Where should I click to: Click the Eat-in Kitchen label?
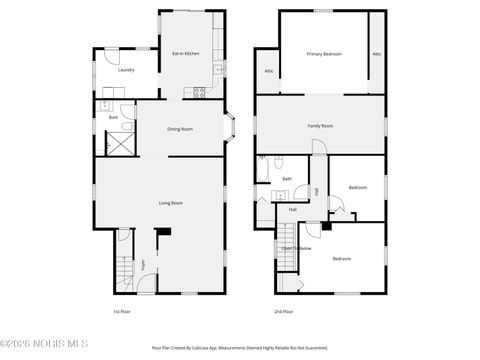click(x=185, y=53)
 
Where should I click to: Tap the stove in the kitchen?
click(x=199, y=92)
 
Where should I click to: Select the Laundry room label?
click(x=126, y=70)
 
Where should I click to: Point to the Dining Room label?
click(x=180, y=129)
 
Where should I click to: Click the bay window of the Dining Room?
click(x=230, y=127)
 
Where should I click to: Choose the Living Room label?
click(x=171, y=203)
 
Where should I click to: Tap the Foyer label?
click(x=142, y=264)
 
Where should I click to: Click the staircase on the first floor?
click(x=125, y=271)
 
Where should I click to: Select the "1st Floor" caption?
click(x=123, y=312)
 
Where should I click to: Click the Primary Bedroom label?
click(x=325, y=53)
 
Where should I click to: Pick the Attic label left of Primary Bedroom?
click(x=270, y=71)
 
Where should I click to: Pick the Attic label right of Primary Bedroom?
click(x=377, y=53)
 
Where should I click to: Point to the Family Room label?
click(x=320, y=125)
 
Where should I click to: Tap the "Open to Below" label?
click(x=297, y=248)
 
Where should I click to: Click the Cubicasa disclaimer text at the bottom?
click(x=240, y=348)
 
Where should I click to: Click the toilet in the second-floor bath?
click(x=283, y=162)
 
